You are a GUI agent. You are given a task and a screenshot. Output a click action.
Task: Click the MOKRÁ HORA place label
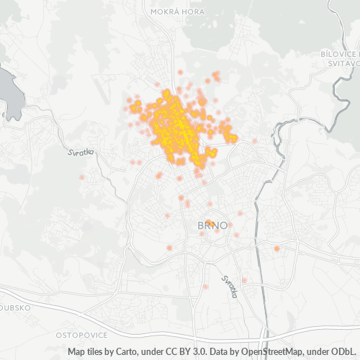(x=175, y=12)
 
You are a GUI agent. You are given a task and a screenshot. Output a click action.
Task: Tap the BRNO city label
(x=212, y=225)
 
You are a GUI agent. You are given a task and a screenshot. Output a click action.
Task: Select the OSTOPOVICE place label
(x=81, y=336)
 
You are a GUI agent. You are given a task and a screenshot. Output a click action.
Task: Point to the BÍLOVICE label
(x=341, y=55)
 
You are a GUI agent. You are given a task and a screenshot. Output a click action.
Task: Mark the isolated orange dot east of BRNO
(x=276, y=248)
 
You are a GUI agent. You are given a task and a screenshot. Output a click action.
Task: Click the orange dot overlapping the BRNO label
(x=210, y=222)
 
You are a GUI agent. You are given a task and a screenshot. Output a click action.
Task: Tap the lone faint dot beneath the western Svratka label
(x=81, y=176)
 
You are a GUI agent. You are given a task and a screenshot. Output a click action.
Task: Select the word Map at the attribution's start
(x=78, y=352)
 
